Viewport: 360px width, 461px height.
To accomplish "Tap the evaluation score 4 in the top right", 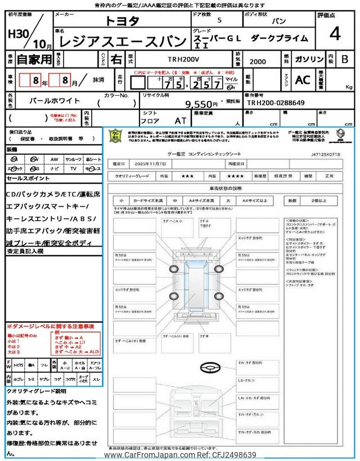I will (335, 34).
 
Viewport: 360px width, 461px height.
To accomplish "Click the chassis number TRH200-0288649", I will (276, 103).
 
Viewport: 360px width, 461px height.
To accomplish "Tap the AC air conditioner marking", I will (303, 80).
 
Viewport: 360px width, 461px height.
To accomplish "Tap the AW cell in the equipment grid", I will (54, 159).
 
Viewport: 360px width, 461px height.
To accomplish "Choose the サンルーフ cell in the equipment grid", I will (73, 159).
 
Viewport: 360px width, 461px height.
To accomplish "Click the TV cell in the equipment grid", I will (73, 168).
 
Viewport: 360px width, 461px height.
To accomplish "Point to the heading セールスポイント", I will (29, 177).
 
